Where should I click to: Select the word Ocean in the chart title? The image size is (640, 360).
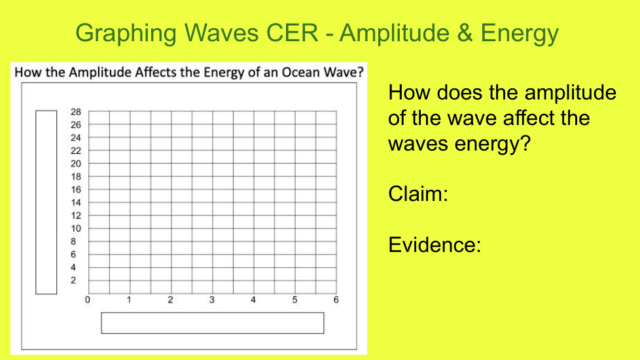point(301,72)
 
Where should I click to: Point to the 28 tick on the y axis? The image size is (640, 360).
point(75,112)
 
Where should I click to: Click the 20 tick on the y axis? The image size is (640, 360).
point(75,164)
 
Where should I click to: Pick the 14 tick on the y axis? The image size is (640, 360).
point(75,202)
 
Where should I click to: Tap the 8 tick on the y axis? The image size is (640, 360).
point(73,242)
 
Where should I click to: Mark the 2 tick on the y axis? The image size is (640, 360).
point(73,280)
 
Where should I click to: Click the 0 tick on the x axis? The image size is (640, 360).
point(87,300)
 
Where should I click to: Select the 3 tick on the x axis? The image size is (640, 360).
point(212,300)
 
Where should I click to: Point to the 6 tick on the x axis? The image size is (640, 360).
point(336,300)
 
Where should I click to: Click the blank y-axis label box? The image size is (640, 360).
point(46,202)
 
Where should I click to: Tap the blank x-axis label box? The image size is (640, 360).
point(213,323)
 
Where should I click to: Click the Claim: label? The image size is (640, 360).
point(418,194)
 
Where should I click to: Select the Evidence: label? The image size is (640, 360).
point(435,245)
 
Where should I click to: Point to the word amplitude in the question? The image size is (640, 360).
point(570,93)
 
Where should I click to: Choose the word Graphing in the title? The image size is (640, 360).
point(126,33)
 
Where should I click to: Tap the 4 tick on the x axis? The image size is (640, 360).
point(253,300)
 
